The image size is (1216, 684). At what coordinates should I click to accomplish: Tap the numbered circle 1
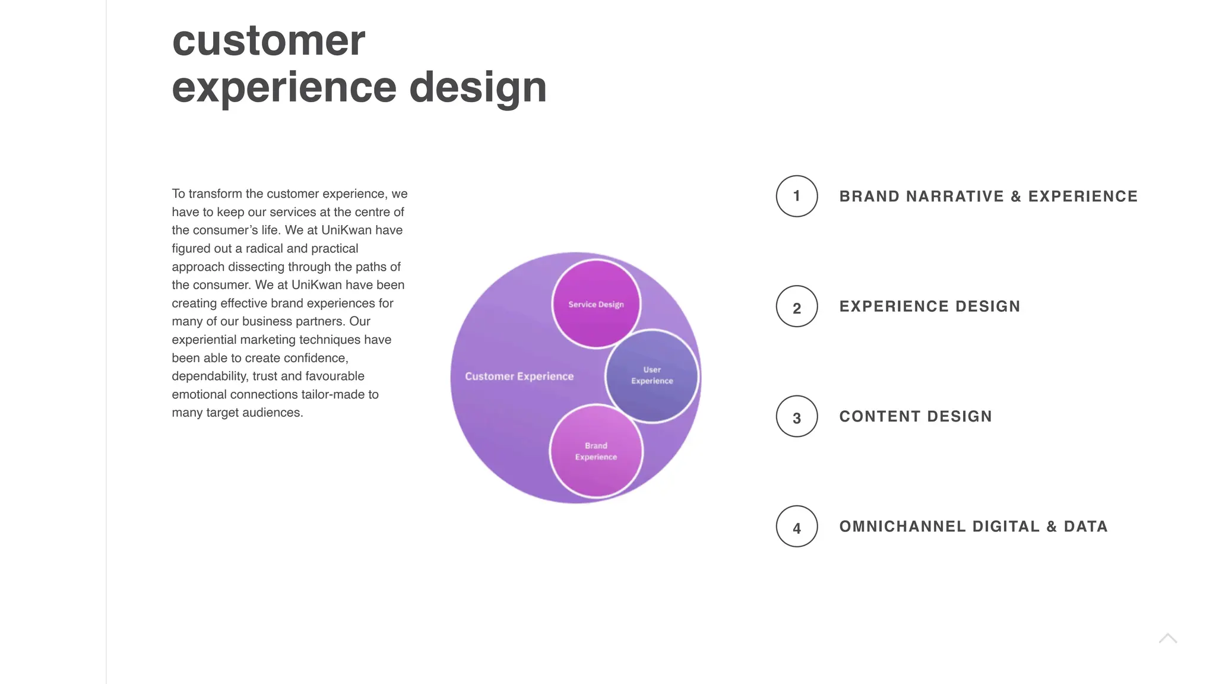click(x=796, y=196)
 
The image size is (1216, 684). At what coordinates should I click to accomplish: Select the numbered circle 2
click(x=796, y=306)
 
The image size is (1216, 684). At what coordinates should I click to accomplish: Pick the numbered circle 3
click(x=796, y=416)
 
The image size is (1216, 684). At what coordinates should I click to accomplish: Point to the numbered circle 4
click(x=796, y=526)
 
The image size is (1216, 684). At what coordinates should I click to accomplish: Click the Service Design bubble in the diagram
click(x=596, y=304)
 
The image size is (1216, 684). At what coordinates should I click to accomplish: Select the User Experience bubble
click(x=652, y=375)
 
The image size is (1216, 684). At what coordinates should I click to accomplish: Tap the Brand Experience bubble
click(x=596, y=451)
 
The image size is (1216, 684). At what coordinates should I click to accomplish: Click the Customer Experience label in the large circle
click(x=519, y=376)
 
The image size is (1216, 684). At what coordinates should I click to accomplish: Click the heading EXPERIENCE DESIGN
click(x=929, y=306)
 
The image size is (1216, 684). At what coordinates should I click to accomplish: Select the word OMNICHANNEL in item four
click(x=902, y=527)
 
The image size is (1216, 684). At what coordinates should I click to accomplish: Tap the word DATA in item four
click(x=1085, y=527)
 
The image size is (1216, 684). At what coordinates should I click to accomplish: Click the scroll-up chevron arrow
click(x=1167, y=638)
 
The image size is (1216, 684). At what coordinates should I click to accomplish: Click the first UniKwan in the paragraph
click(x=347, y=230)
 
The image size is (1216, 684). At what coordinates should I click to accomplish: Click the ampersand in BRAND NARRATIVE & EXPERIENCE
click(x=1016, y=197)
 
